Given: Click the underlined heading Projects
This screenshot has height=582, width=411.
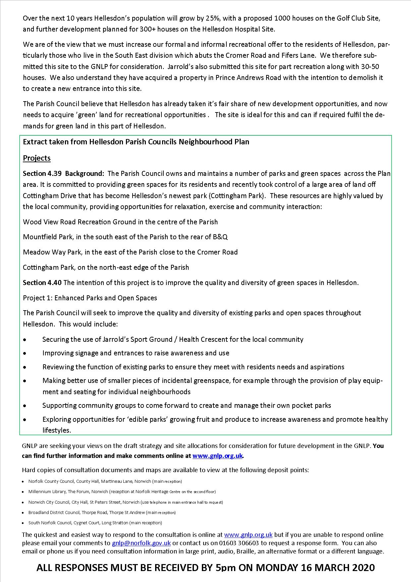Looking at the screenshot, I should tap(37, 158).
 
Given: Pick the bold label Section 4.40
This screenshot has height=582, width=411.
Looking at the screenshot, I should tap(42, 282).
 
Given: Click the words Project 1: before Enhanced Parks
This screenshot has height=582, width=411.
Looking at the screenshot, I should tap(37, 298).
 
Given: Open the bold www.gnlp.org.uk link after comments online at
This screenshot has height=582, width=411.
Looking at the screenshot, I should tap(217, 456).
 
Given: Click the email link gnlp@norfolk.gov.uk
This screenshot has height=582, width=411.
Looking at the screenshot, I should tap(142, 543).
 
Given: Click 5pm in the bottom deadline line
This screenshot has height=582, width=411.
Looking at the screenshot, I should tap(225, 567).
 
